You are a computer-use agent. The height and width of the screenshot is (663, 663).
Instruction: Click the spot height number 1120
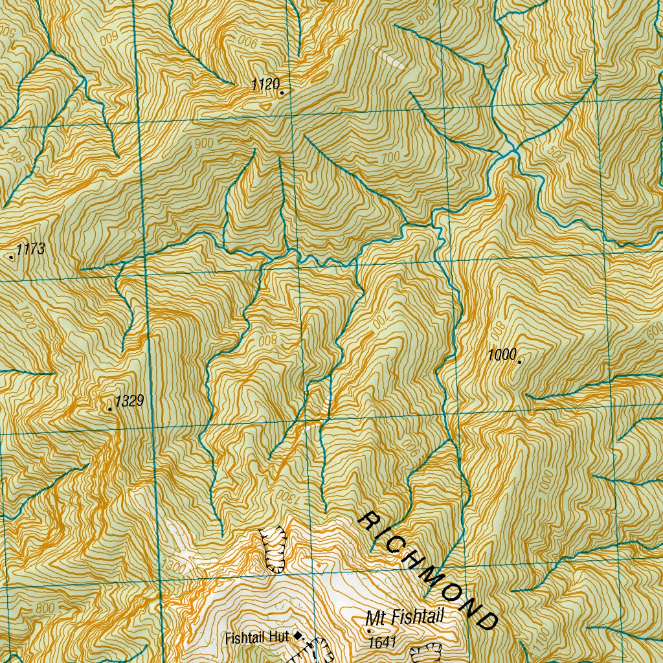[265, 84]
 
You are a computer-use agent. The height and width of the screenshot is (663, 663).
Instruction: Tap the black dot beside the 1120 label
[282, 93]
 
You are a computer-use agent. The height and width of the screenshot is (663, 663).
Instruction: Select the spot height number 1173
[30, 249]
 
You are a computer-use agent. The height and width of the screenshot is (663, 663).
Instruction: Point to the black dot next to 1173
[12, 257]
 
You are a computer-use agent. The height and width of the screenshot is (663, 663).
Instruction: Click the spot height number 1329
[129, 401]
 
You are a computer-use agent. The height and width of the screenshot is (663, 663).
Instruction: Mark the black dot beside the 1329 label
[110, 409]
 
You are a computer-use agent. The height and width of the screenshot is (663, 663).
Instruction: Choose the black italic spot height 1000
[502, 354]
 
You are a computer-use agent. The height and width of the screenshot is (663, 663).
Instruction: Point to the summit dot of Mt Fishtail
[369, 631]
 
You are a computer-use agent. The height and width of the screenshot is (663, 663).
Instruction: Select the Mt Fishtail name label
[405, 618]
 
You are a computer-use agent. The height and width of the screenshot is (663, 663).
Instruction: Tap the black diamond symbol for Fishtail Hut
[298, 636]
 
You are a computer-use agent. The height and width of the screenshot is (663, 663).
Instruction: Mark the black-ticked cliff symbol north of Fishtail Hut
[274, 549]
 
